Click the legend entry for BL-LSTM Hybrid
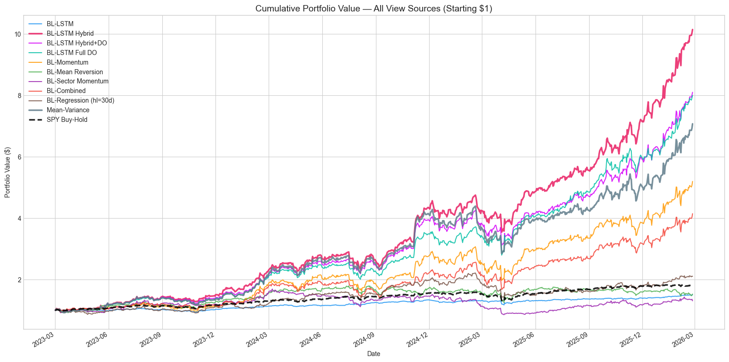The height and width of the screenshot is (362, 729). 70,33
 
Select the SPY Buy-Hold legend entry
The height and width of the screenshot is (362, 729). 66,120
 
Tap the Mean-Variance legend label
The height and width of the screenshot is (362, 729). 68,110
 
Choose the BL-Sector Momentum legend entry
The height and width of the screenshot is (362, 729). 77,81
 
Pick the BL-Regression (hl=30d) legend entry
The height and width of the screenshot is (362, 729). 80,100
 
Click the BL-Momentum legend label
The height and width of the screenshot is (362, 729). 67,62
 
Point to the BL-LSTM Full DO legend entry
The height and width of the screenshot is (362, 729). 72,53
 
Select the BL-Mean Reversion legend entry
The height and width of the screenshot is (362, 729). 75,72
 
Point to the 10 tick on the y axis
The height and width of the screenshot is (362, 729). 17,34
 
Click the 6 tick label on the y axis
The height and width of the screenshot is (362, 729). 19,157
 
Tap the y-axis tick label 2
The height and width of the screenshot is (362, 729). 19,280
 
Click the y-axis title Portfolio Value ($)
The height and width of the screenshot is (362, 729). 7,172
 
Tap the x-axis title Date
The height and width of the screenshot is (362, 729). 374,354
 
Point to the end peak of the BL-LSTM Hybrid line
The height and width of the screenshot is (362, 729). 692,29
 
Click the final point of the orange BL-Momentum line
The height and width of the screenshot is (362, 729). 692,181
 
